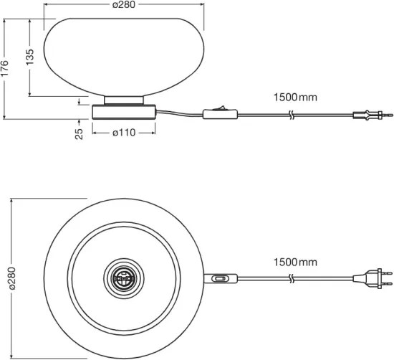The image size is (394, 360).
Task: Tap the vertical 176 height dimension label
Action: tap(6, 68)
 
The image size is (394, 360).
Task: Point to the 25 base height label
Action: tap(80, 132)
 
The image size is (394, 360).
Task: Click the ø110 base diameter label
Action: tap(125, 132)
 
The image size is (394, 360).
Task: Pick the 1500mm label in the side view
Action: tap(294, 97)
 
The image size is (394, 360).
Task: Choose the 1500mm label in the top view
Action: tap(294, 262)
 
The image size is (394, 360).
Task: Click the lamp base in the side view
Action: tap(125, 112)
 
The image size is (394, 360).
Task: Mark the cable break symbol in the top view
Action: tap(290, 278)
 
